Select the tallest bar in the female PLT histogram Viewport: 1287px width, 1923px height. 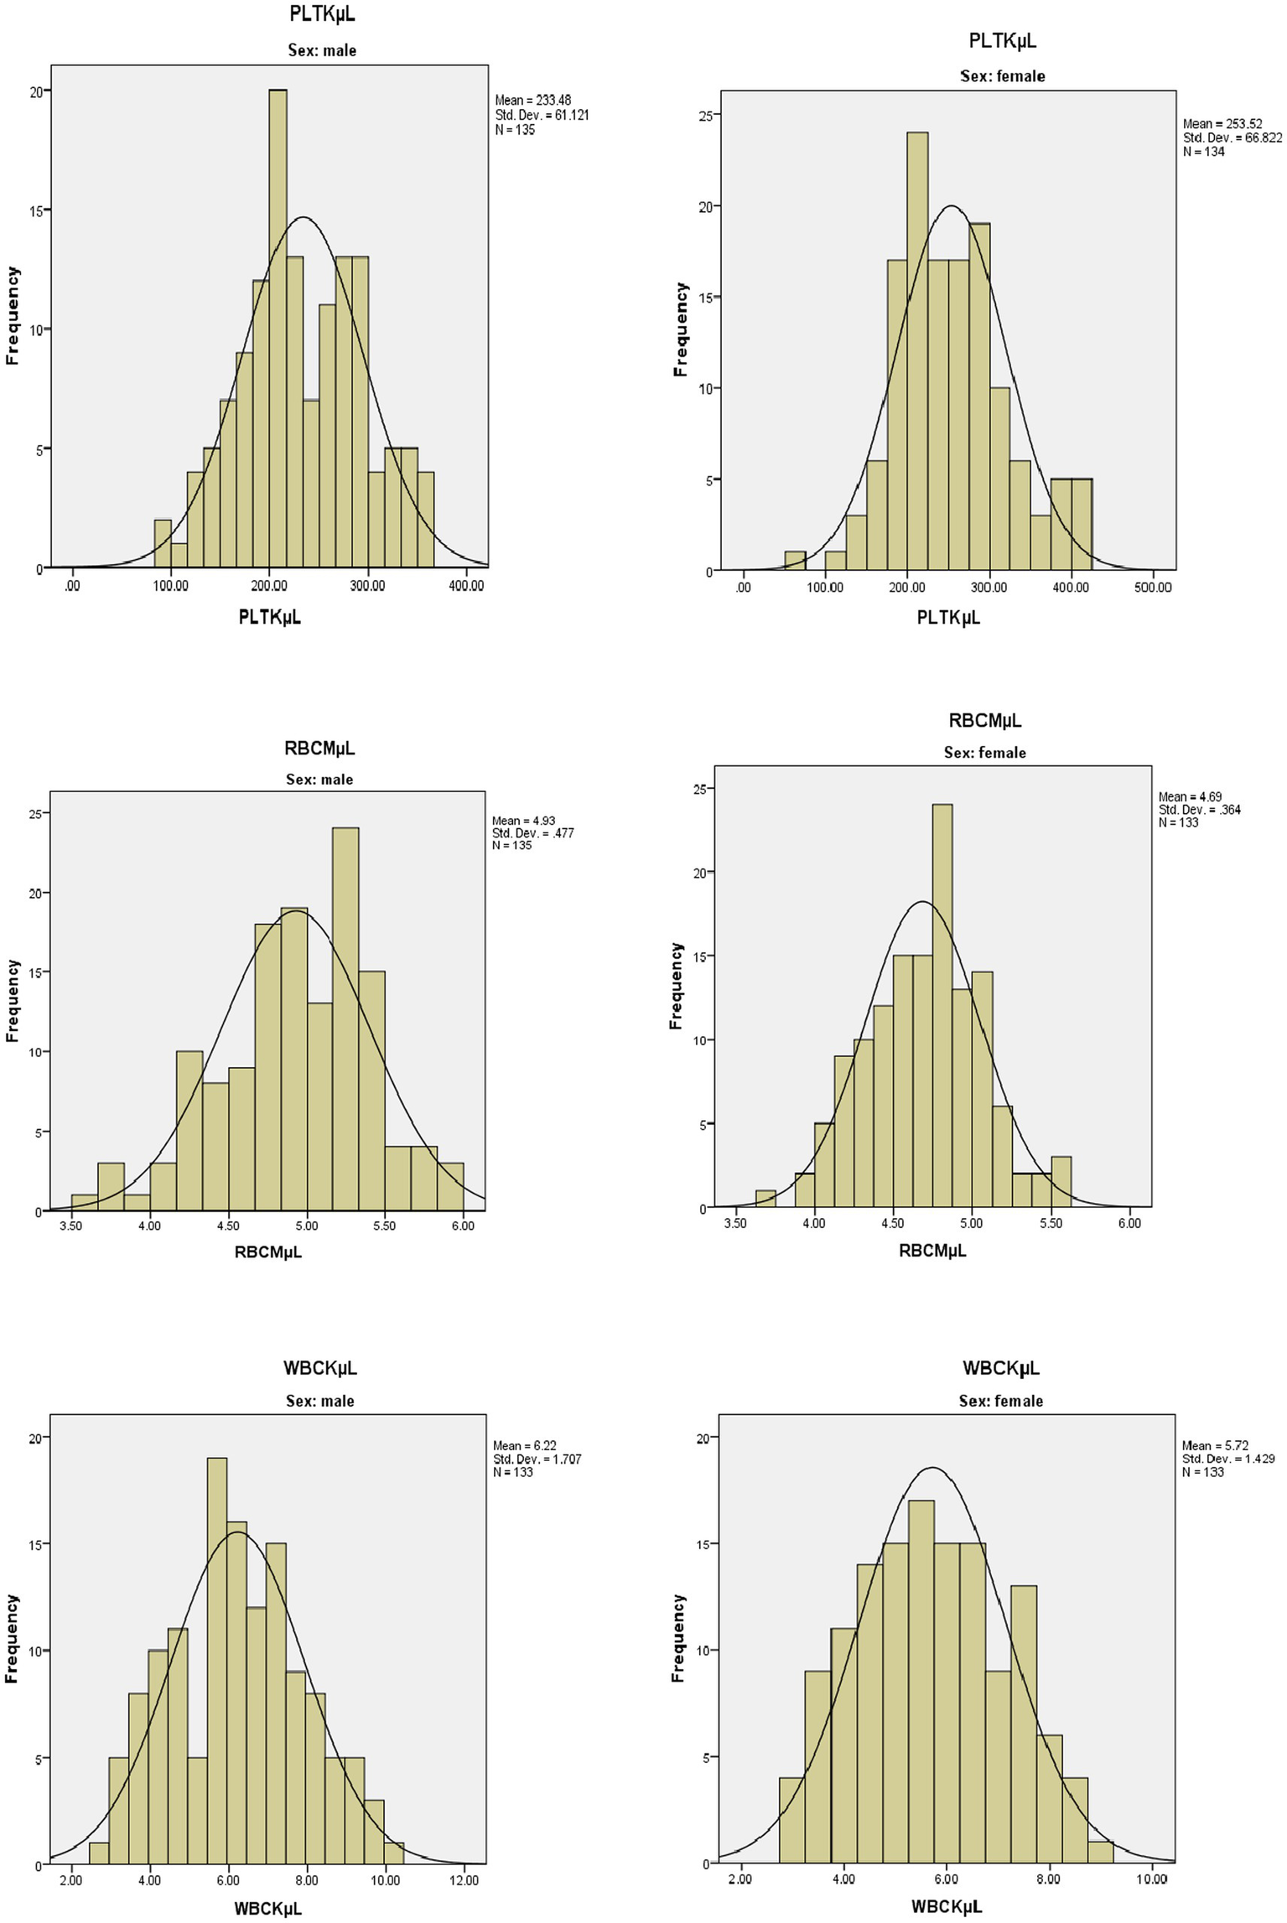(x=917, y=352)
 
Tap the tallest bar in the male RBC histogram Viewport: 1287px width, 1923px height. (x=345, y=1019)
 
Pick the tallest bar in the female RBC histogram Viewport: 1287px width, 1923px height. (x=942, y=1006)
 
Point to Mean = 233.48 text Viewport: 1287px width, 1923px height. (x=533, y=100)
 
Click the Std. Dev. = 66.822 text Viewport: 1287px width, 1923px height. (x=1232, y=137)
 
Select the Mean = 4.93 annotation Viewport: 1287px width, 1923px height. (x=523, y=821)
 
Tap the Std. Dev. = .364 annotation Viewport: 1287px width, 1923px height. (x=1199, y=810)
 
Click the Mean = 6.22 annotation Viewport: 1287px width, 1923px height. (x=524, y=1446)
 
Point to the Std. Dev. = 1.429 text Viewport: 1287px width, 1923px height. (x=1227, y=1459)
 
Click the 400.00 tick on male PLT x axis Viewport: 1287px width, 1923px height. (x=466, y=585)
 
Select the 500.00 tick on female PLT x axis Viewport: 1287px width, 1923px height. (x=1153, y=588)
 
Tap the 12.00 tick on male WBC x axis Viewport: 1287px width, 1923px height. (x=464, y=1880)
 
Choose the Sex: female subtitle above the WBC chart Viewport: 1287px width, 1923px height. (x=1000, y=1401)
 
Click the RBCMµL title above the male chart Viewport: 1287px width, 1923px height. (x=319, y=748)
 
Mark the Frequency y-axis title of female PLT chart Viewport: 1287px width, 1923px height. (x=680, y=329)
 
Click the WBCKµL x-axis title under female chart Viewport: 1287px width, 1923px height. (x=947, y=1907)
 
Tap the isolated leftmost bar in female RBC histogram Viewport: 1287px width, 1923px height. (x=765, y=1199)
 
